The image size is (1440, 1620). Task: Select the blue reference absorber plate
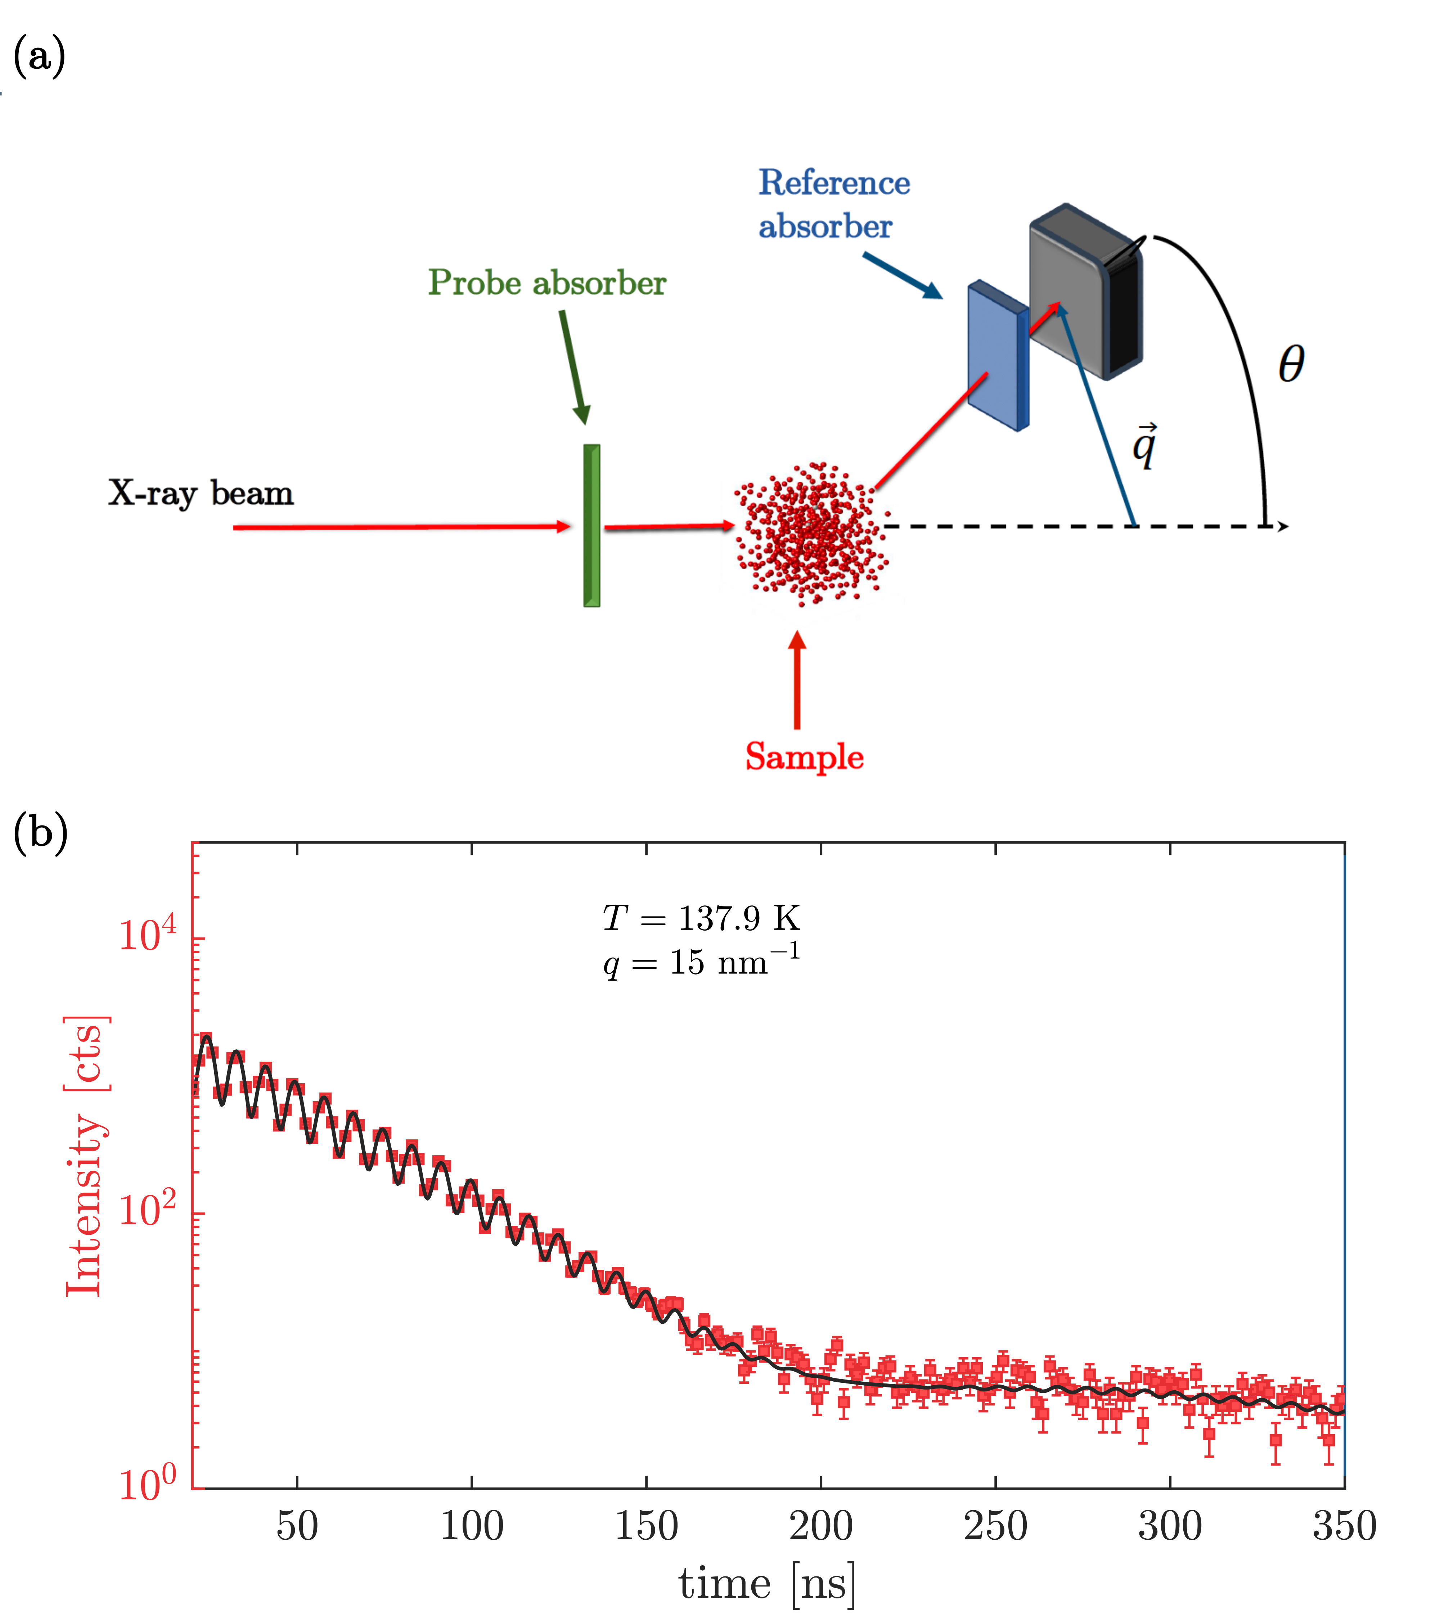[x=995, y=355]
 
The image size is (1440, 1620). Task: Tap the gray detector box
[x=1086, y=291]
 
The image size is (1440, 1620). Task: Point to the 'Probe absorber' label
[x=547, y=283]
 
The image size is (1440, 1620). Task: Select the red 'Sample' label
[x=804, y=757]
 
